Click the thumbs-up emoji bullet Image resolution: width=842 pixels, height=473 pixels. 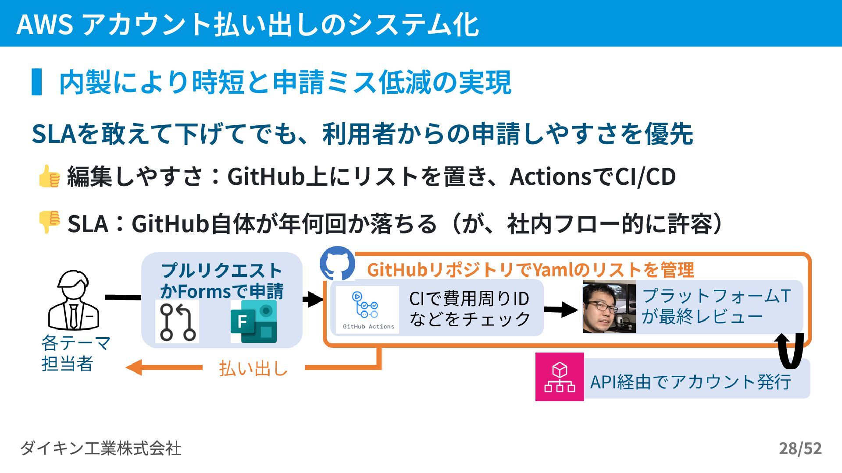[x=49, y=176]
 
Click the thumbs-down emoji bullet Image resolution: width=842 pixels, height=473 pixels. [x=49, y=222]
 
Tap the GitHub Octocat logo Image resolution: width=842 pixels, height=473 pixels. [x=337, y=263]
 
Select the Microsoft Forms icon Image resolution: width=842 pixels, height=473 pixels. [x=253, y=321]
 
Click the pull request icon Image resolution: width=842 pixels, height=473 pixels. [x=177, y=321]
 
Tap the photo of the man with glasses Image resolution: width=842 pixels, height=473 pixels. [x=609, y=307]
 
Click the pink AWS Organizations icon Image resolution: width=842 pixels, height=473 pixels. [x=560, y=377]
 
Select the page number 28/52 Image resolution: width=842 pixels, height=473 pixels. [x=800, y=448]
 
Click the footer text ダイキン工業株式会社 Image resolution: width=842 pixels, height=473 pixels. [x=100, y=448]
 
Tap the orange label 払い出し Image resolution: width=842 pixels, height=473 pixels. [x=253, y=368]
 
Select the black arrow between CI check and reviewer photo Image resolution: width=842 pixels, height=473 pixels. [x=561, y=310]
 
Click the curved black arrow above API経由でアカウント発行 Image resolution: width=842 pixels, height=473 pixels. [x=790, y=350]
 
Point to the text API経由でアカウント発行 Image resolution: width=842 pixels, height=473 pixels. [x=690, y=382]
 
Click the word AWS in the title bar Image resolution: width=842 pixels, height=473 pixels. [x=44, y=24]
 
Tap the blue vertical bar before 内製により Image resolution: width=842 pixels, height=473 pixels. [x=37, y=82]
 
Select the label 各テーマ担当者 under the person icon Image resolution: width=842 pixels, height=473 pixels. [x=75, y=353]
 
